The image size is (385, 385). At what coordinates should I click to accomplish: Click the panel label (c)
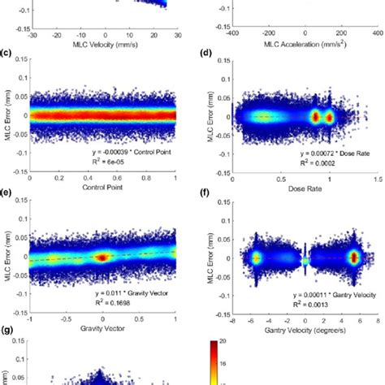(x=6, y=54)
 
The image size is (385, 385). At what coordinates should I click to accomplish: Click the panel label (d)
(x=207, y=54)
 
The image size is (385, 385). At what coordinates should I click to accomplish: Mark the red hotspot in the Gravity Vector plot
(x=102, y=257)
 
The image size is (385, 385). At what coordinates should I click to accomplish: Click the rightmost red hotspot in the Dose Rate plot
(x=330, y=117)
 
